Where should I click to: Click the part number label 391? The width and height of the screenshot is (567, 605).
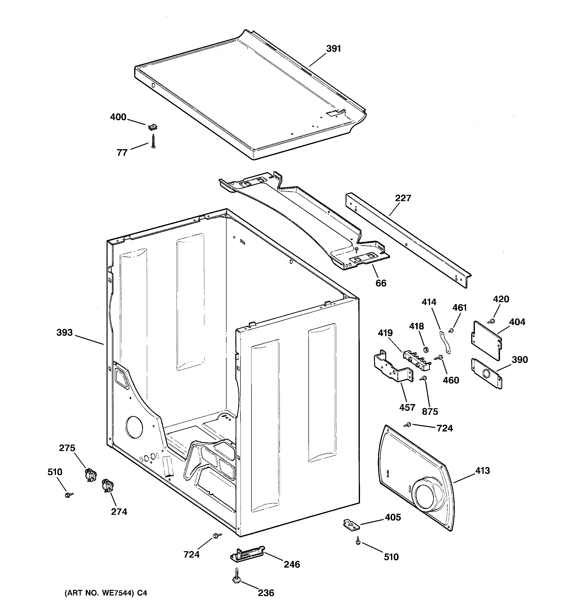click(334, 49)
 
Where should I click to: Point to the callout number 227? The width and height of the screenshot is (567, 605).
click(403, 198)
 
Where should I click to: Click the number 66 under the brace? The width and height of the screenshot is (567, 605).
click(381, 283)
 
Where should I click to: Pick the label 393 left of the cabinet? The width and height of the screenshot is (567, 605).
click(65, 332)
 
